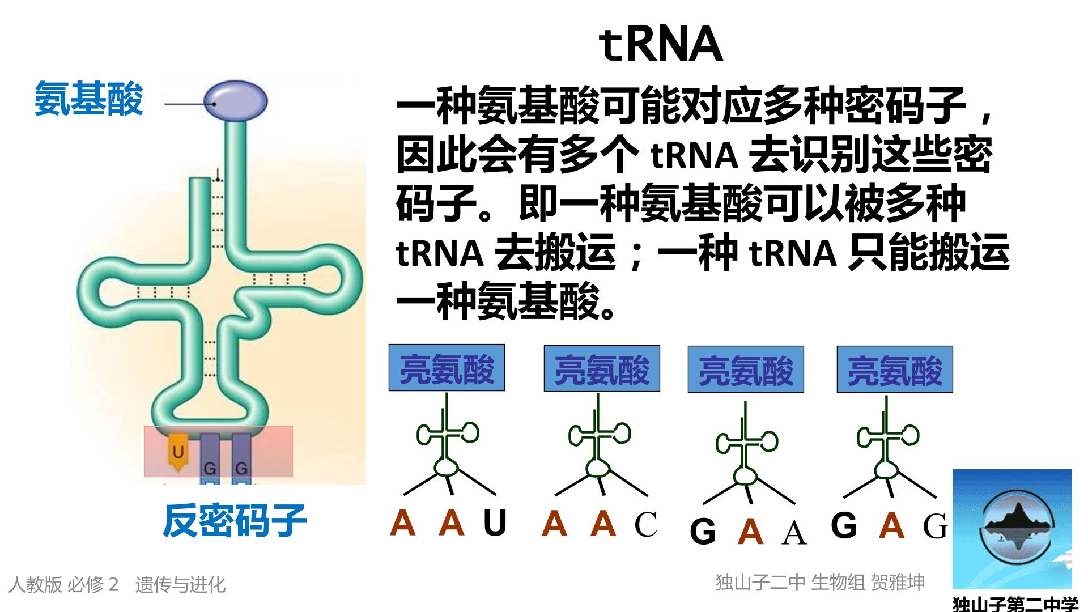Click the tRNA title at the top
[x=661, y=45]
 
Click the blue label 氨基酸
[x=89, y=99]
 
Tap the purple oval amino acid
[x=235, y=101]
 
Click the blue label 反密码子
[x=235, y=521]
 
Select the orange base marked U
[x=178, y=453]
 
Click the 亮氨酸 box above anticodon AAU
[x=447, y=368]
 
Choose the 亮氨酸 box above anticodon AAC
[x=602, y=368]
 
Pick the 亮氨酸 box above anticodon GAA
[x=746, y=369]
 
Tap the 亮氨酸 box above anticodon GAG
[x=895, y=369]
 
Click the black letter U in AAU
[x=495, y=522]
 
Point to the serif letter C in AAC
[x=645, y=524]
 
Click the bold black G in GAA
[x=703, y=532]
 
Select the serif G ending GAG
[x=935, y=526]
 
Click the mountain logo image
[x=1012, y=529]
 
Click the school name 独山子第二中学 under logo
[x=1015, y=603]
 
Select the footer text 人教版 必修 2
[x=63, y=584]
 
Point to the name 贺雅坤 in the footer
[x=898, y=582]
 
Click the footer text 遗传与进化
[x=180, y=584]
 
